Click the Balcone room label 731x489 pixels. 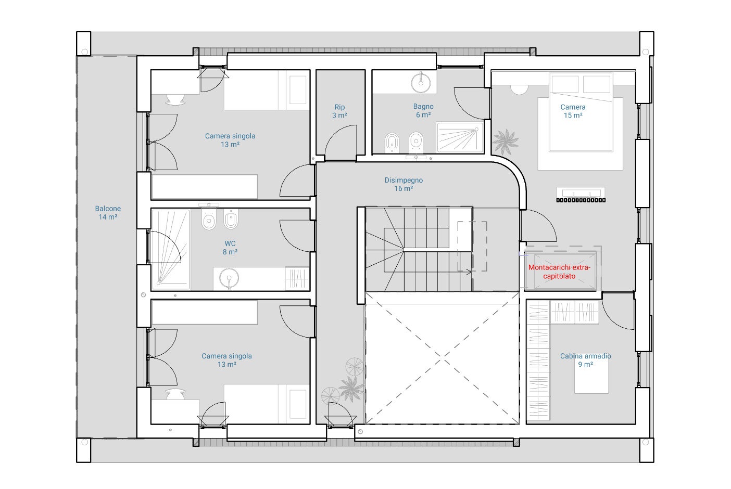108,213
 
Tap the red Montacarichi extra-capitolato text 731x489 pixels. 559,272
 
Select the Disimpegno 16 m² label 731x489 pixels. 404,184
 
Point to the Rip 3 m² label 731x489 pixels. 339,111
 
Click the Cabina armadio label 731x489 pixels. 585,360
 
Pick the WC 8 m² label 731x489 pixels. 230,248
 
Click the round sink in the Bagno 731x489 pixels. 421,83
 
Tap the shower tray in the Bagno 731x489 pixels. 460,137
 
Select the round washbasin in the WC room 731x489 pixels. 229,278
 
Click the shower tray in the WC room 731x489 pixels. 171,249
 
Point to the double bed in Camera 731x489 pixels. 581,112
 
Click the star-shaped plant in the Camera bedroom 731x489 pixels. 505,141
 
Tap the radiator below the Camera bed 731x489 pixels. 581,200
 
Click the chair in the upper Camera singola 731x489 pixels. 175,99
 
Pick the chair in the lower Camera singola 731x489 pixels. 175,394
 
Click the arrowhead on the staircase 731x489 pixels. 469,272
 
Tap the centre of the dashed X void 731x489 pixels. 442,359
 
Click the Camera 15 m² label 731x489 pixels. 573,111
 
